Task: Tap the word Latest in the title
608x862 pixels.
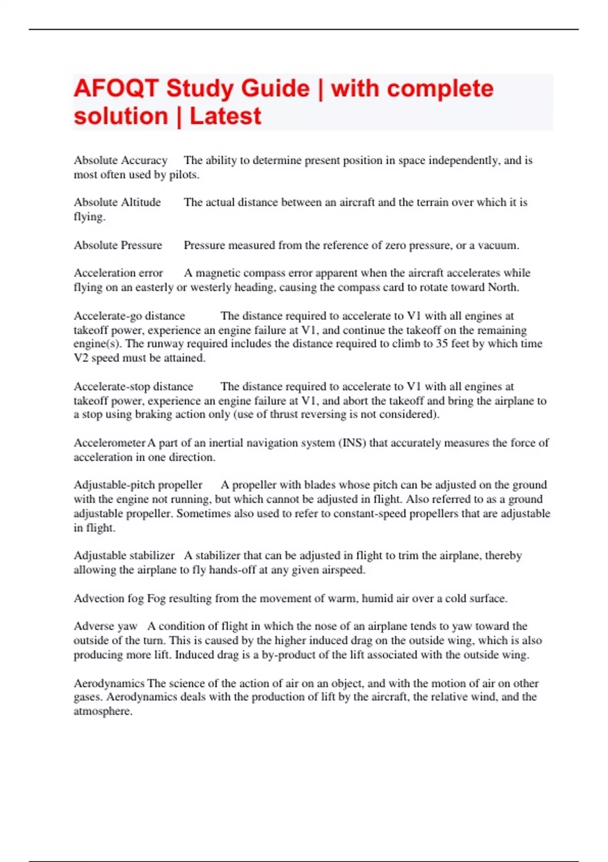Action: [x=225, y=117]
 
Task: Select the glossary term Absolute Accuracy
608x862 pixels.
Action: [x=121, y=161]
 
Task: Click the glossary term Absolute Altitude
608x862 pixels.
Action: [x=117, y=202]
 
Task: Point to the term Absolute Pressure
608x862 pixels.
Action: [x=118, y=245]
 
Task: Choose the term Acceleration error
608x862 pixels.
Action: [x=119, y=273]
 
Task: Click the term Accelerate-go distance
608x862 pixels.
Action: [x=129, y=316]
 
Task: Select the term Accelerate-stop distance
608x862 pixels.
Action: [x=133, y=387]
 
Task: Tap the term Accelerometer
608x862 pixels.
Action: [x=109, y=443]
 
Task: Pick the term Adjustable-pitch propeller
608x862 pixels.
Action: [x=138, y=485]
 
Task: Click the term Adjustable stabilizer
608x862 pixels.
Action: [x=124, y=556]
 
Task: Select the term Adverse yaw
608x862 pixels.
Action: [x=105, y=627]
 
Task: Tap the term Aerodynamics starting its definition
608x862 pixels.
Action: [x=109, y=684]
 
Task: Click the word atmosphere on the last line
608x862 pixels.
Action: [x=103, y=711]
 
